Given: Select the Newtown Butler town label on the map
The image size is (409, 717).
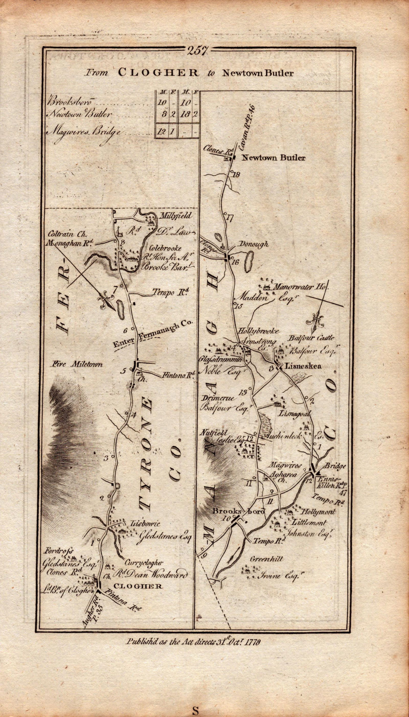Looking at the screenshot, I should coord(273,158).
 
